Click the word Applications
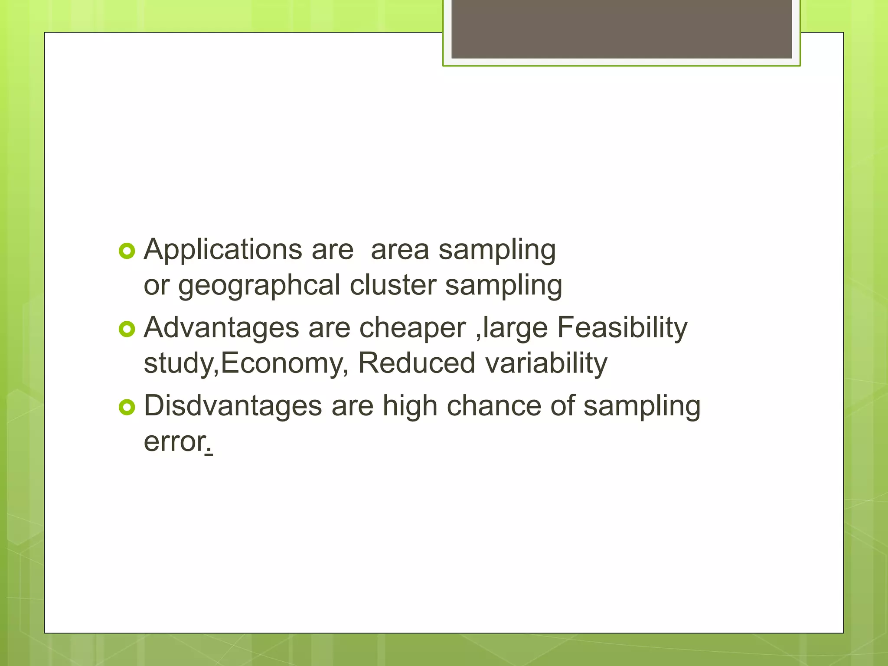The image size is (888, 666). coord(222,250)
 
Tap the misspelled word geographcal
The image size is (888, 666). coord(259,286)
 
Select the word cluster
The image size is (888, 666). coord(393,285)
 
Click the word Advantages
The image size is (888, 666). coord(221,328)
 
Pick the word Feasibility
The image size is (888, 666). coord(622,328)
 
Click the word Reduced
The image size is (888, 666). coord(416,363)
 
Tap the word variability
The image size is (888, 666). coord(546,363)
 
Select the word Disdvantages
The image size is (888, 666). coord(233,406)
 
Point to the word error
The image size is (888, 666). coord(174,442)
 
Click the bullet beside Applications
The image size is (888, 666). coord(127,251)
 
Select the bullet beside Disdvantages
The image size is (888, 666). coord(127,408)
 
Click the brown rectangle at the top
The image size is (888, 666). coord(621,29)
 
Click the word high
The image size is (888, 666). coord(410,406)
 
